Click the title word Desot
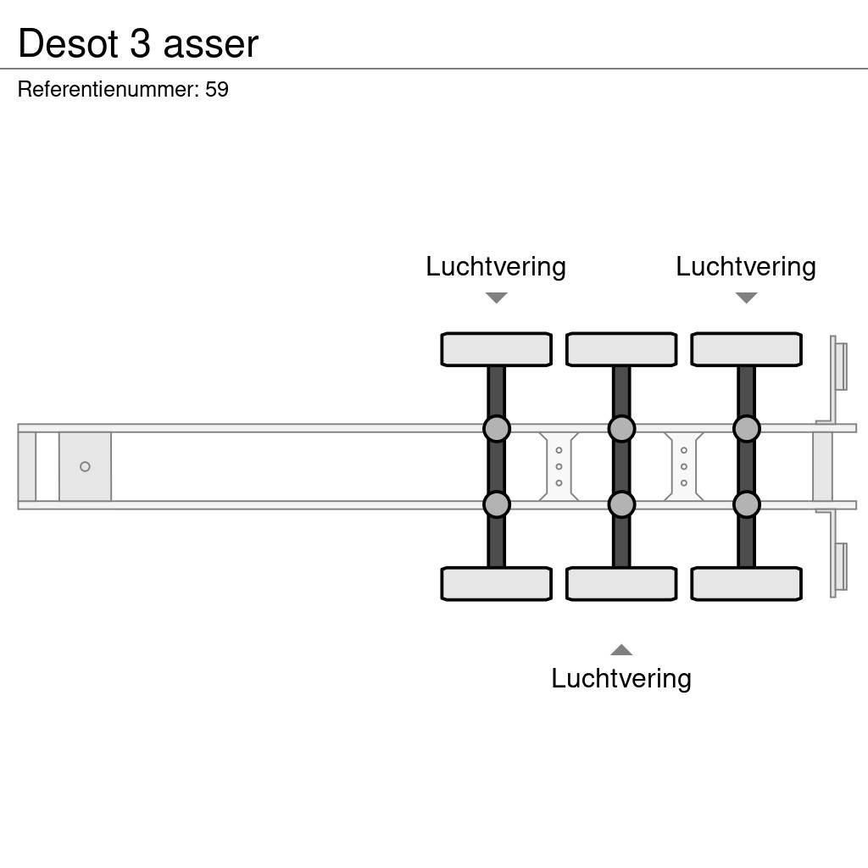69,43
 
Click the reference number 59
217,90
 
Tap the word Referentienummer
108,90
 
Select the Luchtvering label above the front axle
496,267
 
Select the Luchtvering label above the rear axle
746,267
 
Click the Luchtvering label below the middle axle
621,679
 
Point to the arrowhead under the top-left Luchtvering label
496,298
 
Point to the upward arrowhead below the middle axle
621,650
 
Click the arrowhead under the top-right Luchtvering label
746,298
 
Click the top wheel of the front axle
496,349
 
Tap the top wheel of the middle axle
621,349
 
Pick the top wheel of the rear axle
746,349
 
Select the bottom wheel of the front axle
496,584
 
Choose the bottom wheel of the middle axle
621,584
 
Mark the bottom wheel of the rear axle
746,584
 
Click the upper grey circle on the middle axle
621,429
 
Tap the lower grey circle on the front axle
497,505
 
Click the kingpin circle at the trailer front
85,467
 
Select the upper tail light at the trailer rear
840,366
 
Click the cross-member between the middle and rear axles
683,467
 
